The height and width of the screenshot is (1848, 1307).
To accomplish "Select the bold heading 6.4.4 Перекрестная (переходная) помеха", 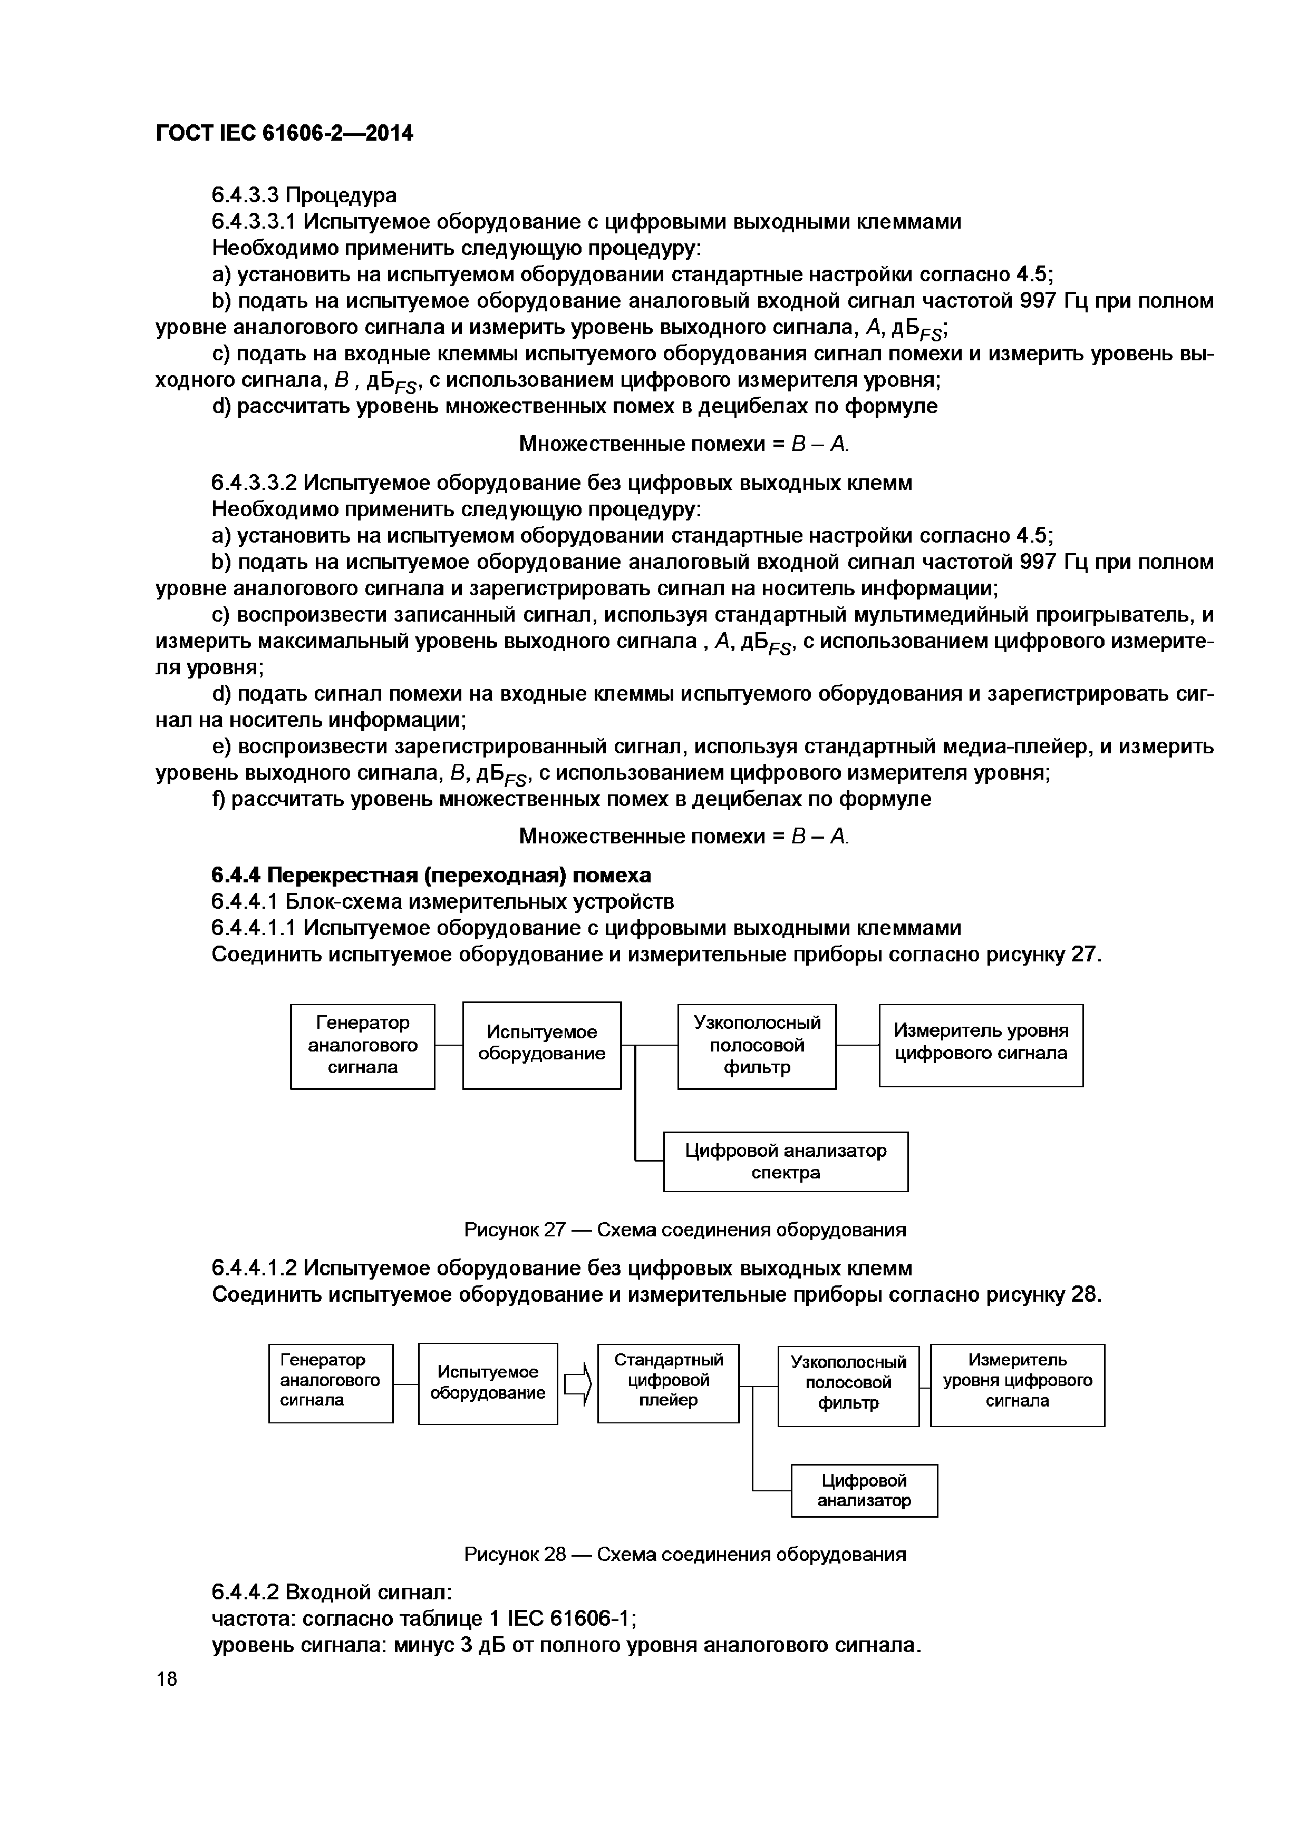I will (431, 875).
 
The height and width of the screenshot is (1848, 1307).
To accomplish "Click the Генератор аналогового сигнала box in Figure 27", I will (362, 1046).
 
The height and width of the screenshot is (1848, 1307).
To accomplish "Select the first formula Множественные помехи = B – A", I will (684, 444).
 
